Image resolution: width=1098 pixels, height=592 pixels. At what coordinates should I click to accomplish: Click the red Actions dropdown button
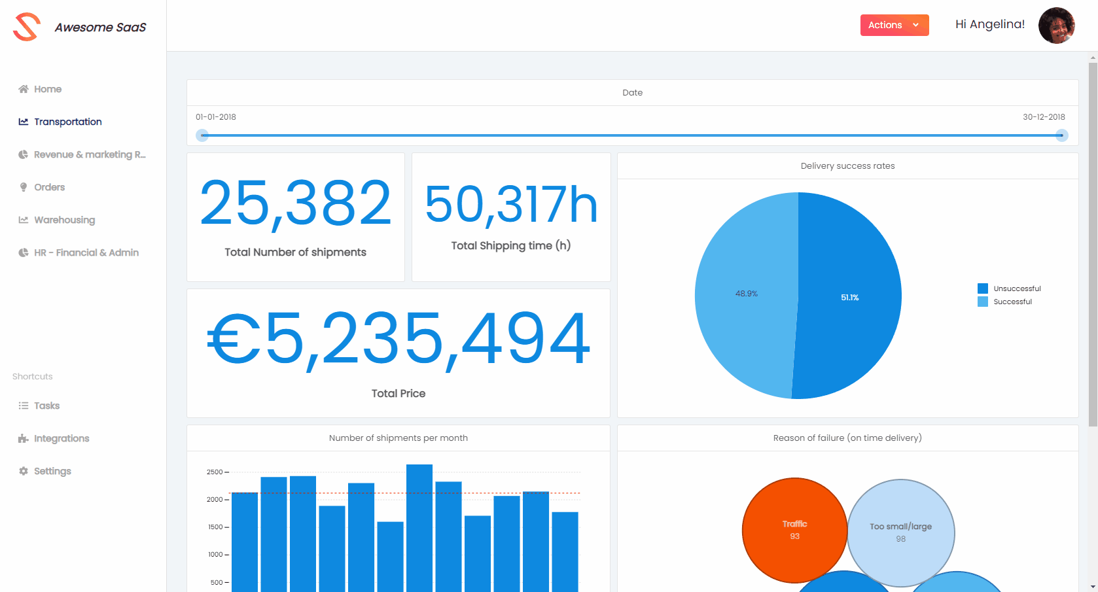[x=894, y=25]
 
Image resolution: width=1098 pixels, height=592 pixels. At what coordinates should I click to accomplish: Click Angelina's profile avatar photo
[x=1056, y=26]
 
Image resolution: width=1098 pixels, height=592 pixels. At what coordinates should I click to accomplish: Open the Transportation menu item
[x=67, y=122]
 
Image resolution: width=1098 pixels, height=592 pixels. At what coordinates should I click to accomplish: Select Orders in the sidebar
[x=49, y=187]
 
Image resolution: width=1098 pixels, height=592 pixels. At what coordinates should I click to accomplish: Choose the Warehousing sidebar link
[x=64, y=220]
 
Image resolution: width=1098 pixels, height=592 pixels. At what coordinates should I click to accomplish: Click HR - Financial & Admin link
[x=86, y=252]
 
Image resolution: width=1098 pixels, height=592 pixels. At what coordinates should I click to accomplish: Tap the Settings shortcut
[x=52, y=471]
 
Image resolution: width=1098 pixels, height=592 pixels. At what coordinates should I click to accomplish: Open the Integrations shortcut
[x=62, y=438]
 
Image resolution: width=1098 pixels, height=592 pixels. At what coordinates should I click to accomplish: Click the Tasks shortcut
[x=46, y=406]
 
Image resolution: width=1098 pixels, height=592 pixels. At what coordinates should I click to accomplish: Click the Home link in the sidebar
[x=47, y=89]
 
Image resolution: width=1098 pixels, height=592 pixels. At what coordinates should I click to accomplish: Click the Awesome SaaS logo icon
[x=27, y=27]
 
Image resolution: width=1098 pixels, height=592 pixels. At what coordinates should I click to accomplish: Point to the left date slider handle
[x=203, y=135]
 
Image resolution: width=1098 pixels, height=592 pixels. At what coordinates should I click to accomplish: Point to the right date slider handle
[x=1061, y=135]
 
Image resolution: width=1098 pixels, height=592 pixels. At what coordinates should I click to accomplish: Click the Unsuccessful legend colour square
[x=982, y=288]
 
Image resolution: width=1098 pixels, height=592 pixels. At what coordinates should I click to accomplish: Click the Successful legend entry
[x=1012, y=302]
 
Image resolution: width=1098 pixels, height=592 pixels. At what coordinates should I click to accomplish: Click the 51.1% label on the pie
[x=849, y=298]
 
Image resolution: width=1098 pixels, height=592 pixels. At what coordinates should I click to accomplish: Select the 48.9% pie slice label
[x=746, y=294]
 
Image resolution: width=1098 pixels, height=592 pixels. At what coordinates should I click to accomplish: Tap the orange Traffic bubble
[x=794, y=530]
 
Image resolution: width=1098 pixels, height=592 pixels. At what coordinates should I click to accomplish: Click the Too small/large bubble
[x=900, y=532]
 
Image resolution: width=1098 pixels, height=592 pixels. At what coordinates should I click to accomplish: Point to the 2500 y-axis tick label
[x=215, y=472]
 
